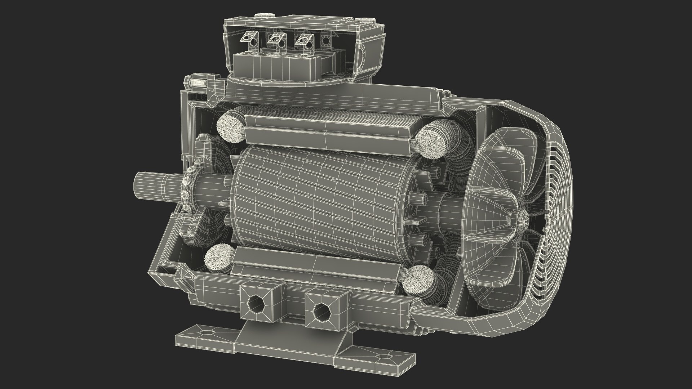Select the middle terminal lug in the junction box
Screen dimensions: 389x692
[277, 39]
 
